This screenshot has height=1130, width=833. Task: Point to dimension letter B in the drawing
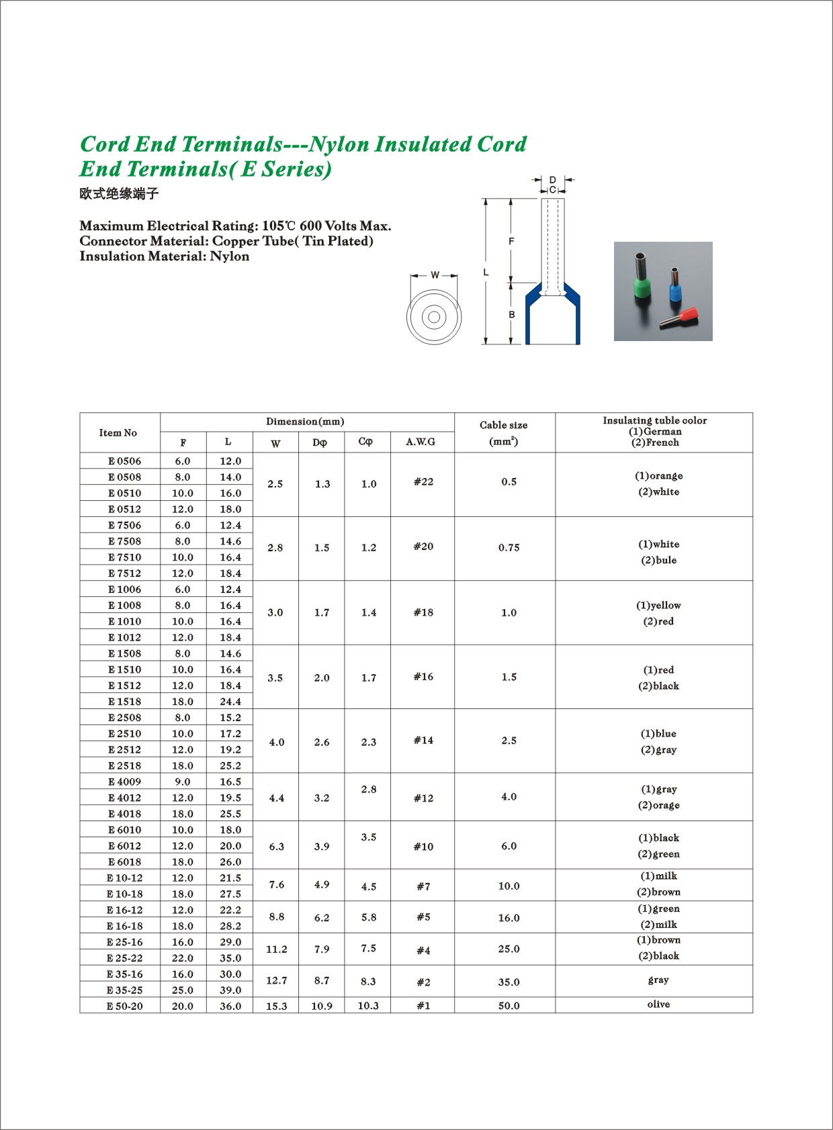coord(512,314)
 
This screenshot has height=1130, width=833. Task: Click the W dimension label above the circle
coord(435,275)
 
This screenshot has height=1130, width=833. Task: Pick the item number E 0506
coord(124,461)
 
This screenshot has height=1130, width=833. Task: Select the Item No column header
coord(118,433)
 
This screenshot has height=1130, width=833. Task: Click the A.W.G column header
coord(421,442)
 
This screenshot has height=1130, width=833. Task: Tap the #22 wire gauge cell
coord(423,482)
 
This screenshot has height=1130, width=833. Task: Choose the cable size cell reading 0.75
coord(509,548)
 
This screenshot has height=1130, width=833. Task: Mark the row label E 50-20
coord(124,1006)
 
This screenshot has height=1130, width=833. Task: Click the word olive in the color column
coord(658,1004)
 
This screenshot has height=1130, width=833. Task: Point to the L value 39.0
coord(230,990)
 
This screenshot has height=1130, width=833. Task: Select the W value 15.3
coord(276,1006)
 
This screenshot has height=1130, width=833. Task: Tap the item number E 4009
coord(124,782)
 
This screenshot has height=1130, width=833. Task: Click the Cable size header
coord(504,426)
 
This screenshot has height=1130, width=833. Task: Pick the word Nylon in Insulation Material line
coord(230,256)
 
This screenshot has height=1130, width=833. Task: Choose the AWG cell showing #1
coord(423,1006)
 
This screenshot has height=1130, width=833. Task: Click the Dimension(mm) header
coord(305,422)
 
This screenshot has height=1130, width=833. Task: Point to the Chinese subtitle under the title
coord(119,194)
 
